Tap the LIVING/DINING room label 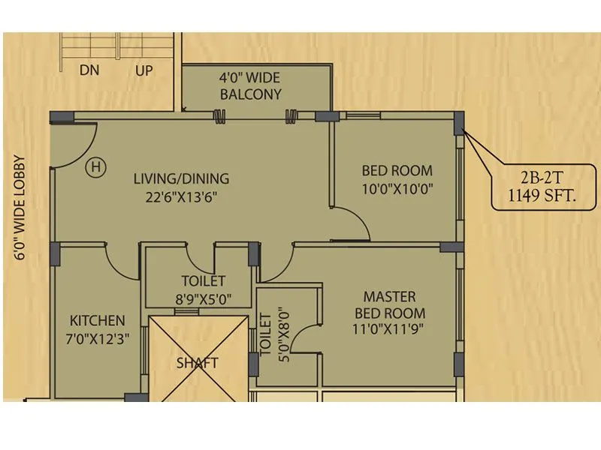[181, 179]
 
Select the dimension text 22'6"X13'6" [181, 197]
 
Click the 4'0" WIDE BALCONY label [250, 85]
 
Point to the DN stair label [90, 70]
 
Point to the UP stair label [143, 70]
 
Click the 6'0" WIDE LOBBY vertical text [19, 208]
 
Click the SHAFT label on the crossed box [198, 363]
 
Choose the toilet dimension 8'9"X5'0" [203, 299]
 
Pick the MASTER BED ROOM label [389, 304]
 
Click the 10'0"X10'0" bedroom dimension [397, 189]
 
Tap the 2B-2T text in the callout [538, 180]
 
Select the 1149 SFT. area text [538, 198]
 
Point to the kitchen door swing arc [120, 262]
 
